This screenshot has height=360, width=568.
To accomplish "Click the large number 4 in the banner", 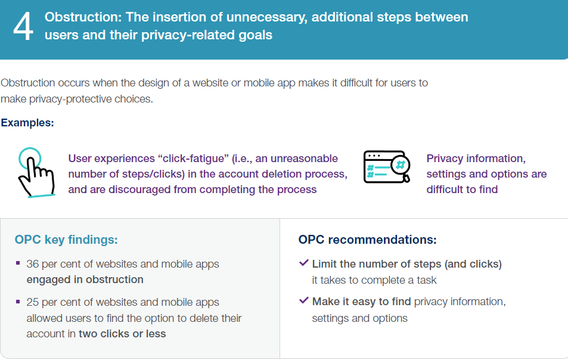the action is click(x=23, y=27).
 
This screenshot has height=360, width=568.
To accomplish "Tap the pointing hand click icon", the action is click(x=36, y=172).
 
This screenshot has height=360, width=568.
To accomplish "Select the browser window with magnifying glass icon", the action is click(x=387, y=167).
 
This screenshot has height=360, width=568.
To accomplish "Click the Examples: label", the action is click(x=27, y=123).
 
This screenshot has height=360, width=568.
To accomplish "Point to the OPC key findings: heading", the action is click(x=66, y=240).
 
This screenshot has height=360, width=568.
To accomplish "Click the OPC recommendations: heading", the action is click(x=367, y=240).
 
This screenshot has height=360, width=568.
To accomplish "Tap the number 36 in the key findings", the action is click(x=33, y=264).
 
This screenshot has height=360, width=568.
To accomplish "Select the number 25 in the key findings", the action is click(x=33, y=302).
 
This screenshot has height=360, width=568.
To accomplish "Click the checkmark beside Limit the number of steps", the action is click(x=304, y=263).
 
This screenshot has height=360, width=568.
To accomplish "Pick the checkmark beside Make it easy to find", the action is click(x=304, y=300).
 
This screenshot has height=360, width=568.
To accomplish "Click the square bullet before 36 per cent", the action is click(x=18, y=263).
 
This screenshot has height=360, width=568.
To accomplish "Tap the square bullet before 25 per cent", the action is click(x=18, y=302).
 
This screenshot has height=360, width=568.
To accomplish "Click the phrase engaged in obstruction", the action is click(x=85, y=280).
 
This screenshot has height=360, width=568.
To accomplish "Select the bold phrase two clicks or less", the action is click(x=122, y=334).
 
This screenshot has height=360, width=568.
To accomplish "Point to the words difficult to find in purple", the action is click(x=462, y=190).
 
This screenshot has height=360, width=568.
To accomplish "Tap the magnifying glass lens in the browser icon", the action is click(x=401, y=166).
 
